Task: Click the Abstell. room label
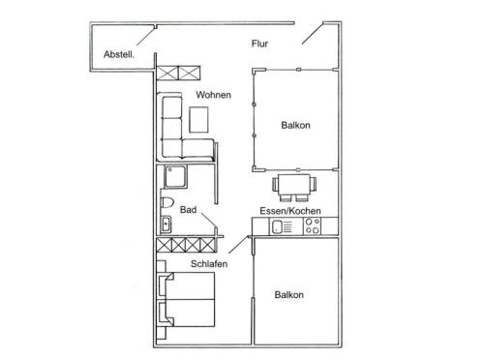[x=119, y=54]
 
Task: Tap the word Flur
[x=259, y=44]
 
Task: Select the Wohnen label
[x=213, y=95]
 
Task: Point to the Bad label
[x=188, y=210]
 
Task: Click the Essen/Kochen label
[x=290, y=211]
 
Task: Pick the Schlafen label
[x=209, y=264]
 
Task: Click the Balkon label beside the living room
[x=295, y=125]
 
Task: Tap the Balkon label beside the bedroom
[x=289, y=295]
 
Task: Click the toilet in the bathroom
[x=166, y=202]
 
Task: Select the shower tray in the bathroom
[x=175, y=177]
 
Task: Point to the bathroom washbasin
[x=166, y=225]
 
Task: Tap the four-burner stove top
[x=312, y=225]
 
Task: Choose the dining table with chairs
[x=294, y=188]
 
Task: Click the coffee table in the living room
[x=198, y=120]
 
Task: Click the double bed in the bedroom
[x=186, y=299]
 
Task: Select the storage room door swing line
[x=146, y=35]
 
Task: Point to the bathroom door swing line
[x=209, y=221]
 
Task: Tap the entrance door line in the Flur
[x=313, y=33]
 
